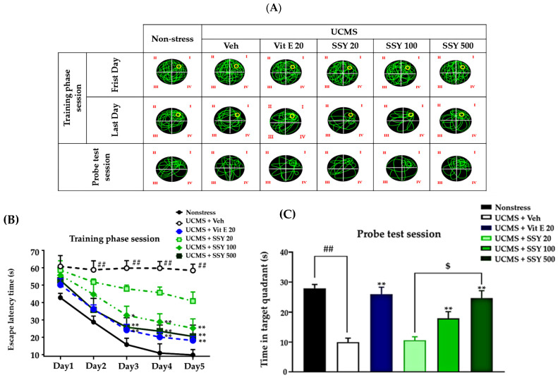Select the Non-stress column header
[x=171, y=39]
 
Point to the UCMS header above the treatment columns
[x=345, y=31]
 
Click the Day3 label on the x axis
[x=127, y=367]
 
